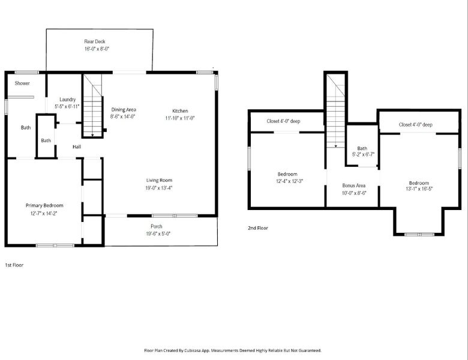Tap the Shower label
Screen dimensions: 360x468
pos(22,83)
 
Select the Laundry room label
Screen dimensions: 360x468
pos(67,99)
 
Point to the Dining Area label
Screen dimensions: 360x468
pos(124,109)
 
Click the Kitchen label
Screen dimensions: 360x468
pos(180,111)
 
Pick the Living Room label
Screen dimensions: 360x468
pos(159,180)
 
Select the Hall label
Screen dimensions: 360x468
pos(77,146)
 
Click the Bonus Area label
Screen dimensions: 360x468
pos(353,185)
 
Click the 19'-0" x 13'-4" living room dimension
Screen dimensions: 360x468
pos(159,188)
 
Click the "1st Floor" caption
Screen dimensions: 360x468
pos(14,264)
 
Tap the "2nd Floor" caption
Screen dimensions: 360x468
pos(258,228)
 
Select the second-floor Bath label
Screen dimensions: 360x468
pos(362,148)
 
